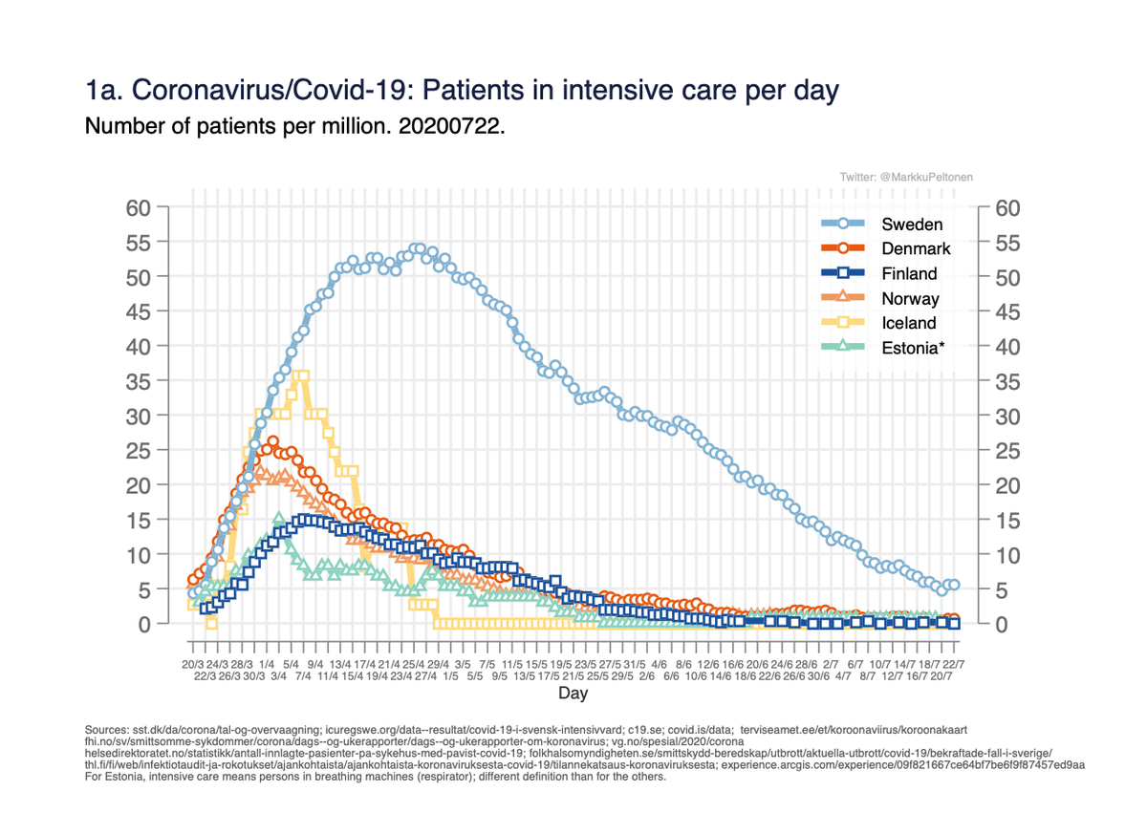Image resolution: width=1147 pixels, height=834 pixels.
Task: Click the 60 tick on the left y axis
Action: pos(140,208)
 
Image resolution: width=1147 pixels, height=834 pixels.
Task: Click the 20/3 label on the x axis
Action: pos(193,663)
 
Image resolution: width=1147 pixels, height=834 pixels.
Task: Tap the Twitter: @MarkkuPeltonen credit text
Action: pos(906,178)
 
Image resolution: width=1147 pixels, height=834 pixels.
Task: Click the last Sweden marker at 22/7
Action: pos(953,585)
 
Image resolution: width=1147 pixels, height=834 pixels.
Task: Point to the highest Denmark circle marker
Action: pos(272,442)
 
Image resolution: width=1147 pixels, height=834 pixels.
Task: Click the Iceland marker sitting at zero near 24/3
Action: pos(211,624)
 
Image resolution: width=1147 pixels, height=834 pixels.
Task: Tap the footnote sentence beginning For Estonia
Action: pos(376,777)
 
